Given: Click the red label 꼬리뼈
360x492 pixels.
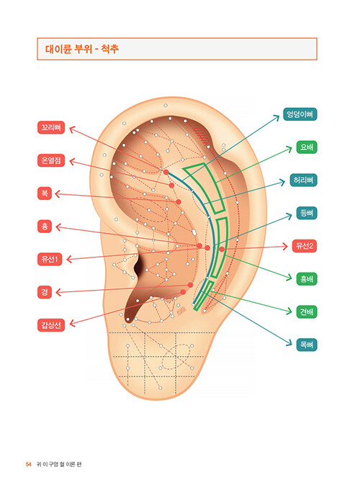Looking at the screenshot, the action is coord(51,128).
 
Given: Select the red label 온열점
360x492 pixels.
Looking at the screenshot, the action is coord(51,160).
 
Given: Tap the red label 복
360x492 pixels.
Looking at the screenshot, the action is coord(45,193).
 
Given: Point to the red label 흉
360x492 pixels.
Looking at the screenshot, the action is coord(45,227).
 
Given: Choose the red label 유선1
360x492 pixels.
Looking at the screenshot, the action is coord(50,259).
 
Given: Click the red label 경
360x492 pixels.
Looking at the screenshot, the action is coord(45,292).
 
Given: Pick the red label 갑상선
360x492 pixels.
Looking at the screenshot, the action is coord(51,325).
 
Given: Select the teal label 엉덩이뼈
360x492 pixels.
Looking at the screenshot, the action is coord(300,114).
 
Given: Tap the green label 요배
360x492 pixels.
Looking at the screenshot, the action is coord(307,147).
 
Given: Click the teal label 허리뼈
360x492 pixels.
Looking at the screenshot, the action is coord(303,180).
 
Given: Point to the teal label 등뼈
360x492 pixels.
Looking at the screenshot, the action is coord(307,213).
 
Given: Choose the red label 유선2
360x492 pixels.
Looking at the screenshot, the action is coord(305,246).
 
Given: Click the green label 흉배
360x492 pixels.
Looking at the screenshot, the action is coord(307,279).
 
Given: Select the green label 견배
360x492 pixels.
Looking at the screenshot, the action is coord(307,312).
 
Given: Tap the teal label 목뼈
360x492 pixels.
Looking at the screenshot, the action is coord(307,345).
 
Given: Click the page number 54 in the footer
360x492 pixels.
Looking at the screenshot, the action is coord(29,465).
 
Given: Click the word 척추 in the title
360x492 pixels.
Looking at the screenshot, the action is coord(109,49).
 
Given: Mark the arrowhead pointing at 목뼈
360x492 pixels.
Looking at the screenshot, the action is coord(290,345).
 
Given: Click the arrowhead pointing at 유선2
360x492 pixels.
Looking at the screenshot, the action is coord(286,246).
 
